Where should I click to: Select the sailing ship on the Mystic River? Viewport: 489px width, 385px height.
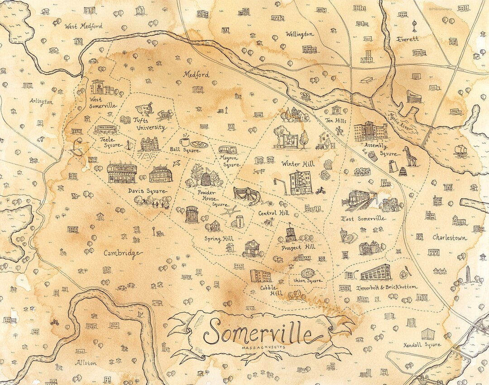tap(460, 151)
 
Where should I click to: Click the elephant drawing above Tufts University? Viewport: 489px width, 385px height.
tap(146, 109)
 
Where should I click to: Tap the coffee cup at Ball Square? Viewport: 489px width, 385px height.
tap(185, 141)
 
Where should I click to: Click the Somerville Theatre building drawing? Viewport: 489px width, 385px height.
tap(122, 173)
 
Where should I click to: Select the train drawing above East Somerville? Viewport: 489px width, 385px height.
tap(361, 200)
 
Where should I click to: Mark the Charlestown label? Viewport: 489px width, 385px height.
tap(451, 237)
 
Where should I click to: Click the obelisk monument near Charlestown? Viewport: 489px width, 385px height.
tap(468, 273)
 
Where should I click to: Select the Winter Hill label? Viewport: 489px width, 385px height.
tap(297, 163)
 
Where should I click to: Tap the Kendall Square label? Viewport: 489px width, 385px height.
tap(422, 345)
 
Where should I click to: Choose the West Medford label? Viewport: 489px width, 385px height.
tap(83, 26)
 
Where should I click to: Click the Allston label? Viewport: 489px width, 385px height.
tap(86, 363)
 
